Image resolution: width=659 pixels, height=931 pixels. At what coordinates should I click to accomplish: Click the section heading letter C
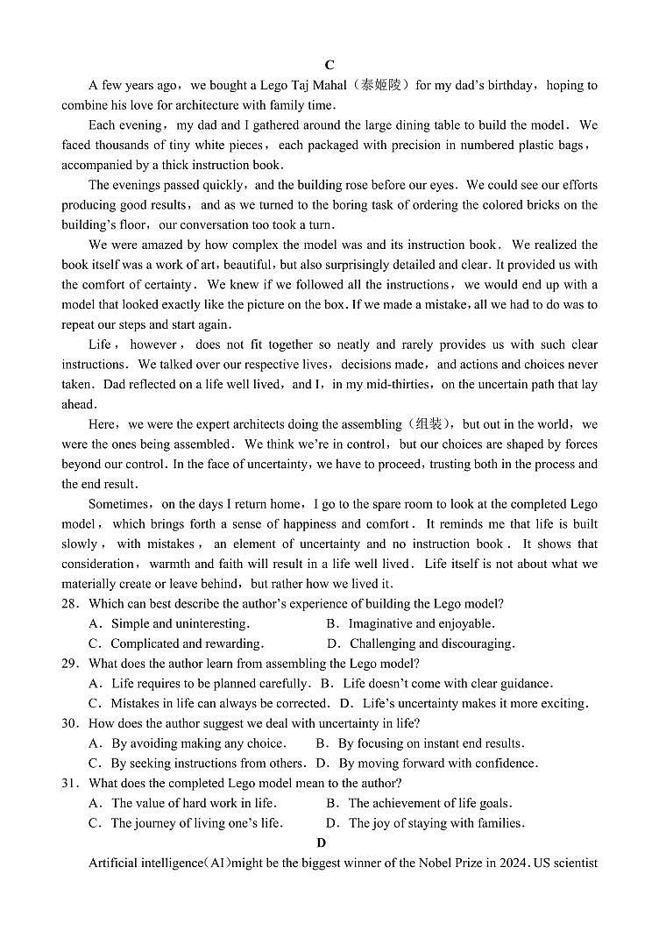329,65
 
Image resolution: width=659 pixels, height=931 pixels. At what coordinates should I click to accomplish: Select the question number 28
70,604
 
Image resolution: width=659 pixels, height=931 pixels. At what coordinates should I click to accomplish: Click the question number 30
70,723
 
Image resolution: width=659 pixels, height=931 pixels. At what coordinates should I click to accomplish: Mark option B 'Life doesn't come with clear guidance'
447,684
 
